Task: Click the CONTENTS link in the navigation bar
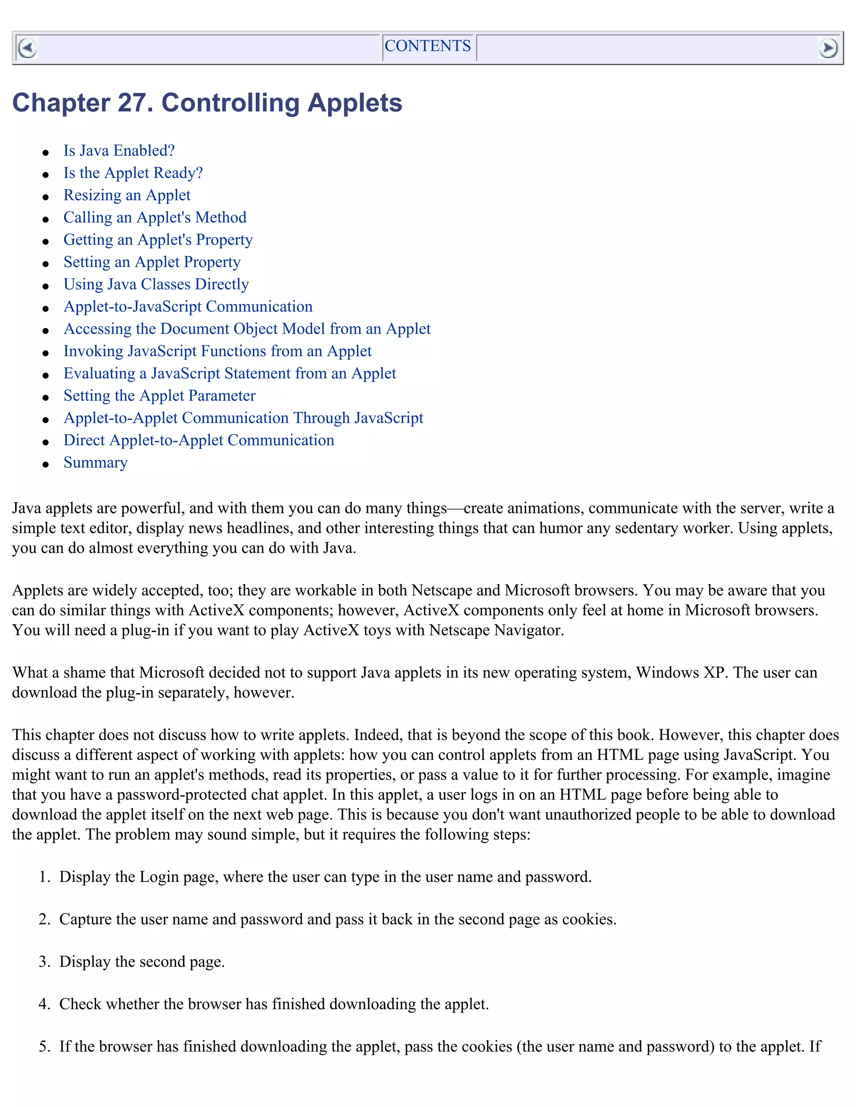(x=428, y=46)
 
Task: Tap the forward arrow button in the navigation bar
(x=828, y=48)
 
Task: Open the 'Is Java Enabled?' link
(x=119, y=150)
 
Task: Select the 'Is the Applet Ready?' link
(x=133, y=173)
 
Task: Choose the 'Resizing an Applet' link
(x=127, y=195)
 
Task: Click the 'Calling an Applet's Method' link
(x=155, y=218)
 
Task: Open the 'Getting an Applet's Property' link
(x=158, y=240)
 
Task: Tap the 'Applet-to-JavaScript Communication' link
(x=188, y=307)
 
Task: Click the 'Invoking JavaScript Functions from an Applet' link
(x=217, y=351)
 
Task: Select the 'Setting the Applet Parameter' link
(x=159, y=396)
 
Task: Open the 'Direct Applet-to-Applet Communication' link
(x=199, y=440)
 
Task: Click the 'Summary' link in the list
(x=95, y=463)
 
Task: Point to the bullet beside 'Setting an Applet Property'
(x=46, y=264)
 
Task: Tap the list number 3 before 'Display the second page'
(x=43, y=962)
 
